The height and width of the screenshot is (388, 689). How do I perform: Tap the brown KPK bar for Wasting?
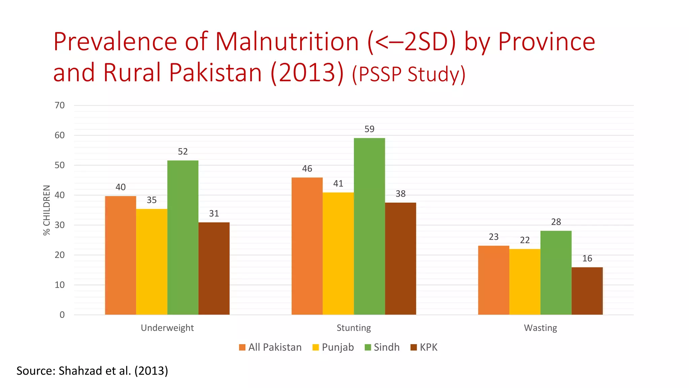point(587,291)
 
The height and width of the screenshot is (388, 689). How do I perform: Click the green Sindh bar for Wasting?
point(556,273)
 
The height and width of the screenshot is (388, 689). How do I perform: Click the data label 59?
point(369,129)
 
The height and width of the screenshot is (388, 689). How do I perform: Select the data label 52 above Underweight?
point(183,152)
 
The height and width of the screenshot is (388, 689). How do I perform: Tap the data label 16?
point(587,258)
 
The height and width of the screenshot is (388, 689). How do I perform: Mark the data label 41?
point(338,184)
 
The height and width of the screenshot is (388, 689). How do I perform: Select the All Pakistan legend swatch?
point(242,347)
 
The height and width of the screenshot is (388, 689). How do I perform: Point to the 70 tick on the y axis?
point(60,105)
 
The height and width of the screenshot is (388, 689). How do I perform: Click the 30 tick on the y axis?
point(60,225)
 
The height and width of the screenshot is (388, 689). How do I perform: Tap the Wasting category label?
point(540,328)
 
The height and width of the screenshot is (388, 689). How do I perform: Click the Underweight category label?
point(167,328)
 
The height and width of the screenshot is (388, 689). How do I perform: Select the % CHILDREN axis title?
point(47,210)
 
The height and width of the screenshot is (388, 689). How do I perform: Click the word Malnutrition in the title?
point(287,42)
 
